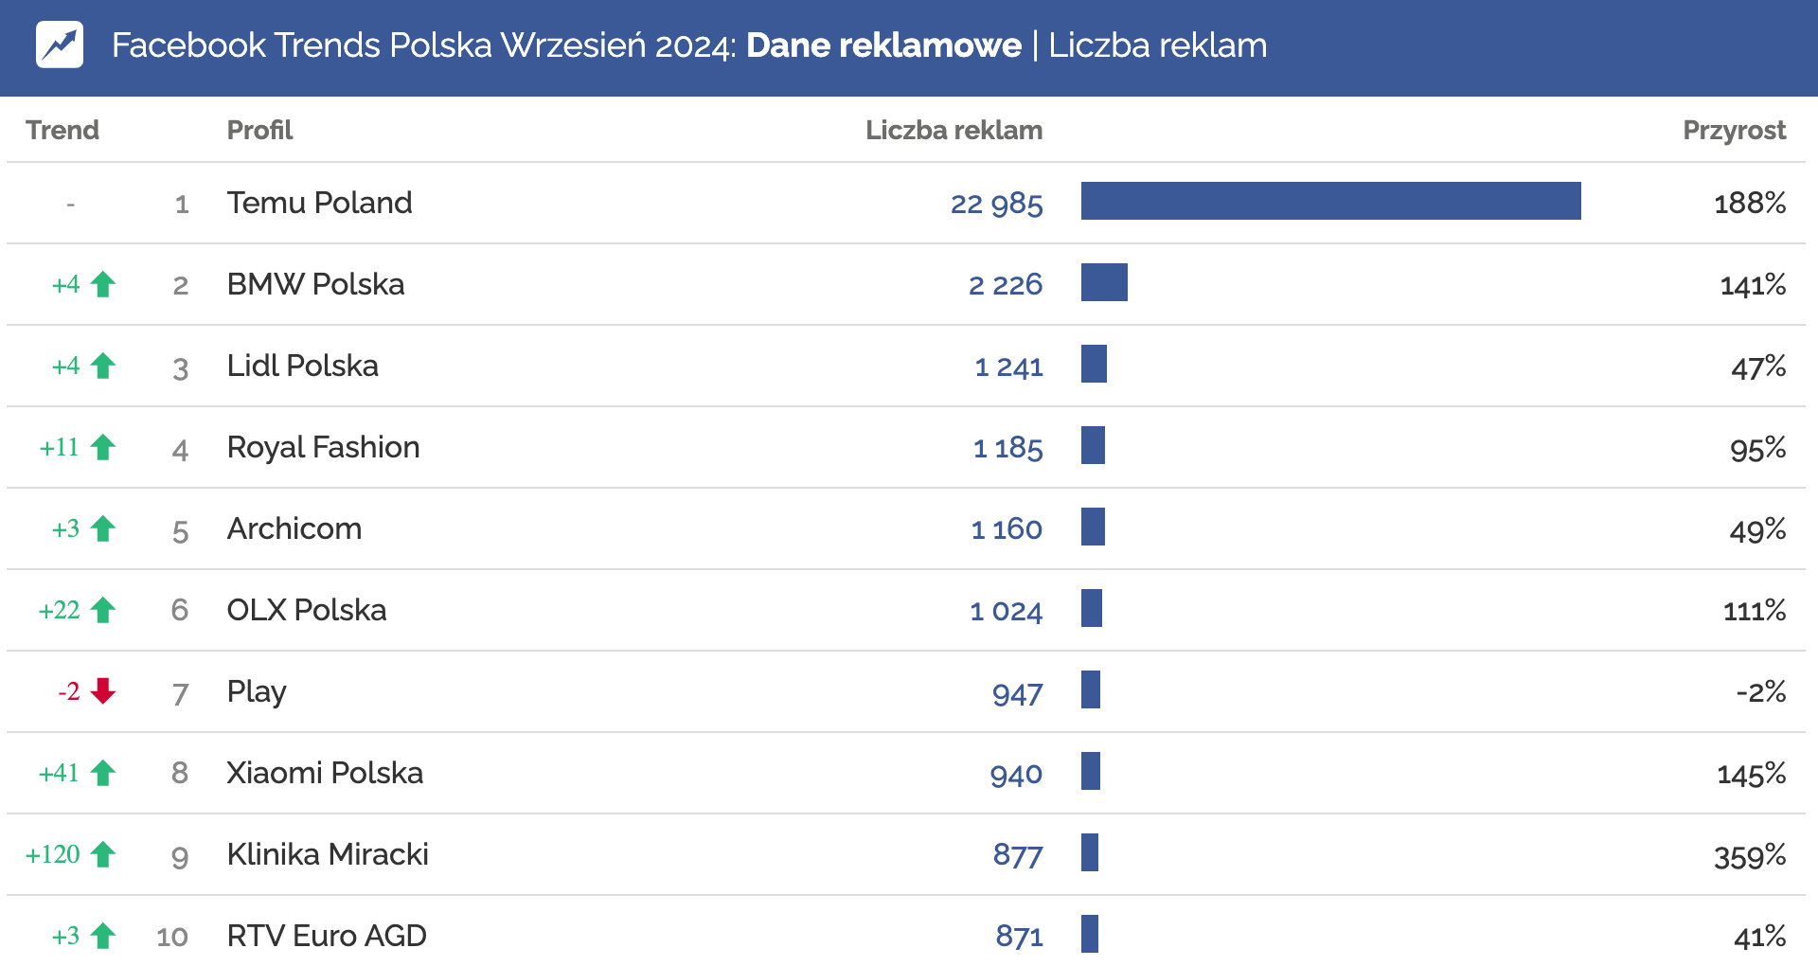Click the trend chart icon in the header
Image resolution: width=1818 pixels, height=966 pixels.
60,45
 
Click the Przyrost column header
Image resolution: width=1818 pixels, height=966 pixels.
1734,130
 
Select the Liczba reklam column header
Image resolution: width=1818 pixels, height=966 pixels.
954,130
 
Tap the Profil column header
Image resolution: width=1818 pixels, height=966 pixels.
259,130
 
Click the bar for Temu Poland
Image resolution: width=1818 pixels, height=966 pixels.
1330,201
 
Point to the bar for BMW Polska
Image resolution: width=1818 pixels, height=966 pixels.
1104,282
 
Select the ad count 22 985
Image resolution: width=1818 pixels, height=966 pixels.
996,204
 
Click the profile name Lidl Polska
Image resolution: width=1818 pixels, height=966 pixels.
302,366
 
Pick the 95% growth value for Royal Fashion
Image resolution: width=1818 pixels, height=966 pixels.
1757,448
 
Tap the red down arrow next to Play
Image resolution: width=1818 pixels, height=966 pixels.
103,691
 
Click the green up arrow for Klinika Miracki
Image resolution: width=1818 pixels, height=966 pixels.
103,854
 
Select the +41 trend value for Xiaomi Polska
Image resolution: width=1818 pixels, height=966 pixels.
59,773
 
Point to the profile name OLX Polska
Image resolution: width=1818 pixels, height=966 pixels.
306,610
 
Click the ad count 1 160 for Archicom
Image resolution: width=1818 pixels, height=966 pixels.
1006,529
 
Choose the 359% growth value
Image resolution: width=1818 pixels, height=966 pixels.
1749,856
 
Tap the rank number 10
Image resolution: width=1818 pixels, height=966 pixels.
172,937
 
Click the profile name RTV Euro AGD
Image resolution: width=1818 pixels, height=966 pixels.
327,936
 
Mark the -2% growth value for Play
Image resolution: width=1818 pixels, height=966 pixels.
1760,692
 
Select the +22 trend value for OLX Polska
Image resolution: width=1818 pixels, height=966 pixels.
59,610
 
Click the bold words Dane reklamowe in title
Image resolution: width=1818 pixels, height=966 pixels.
883,45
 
